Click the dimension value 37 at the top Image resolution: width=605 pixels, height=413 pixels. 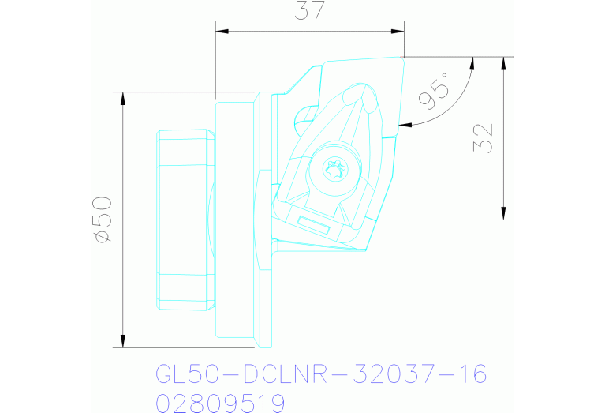(309, 12)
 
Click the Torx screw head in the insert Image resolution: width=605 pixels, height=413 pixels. (334, 168)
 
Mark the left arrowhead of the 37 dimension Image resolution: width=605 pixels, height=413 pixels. (222, 32)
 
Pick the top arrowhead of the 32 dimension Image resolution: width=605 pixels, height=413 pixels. (502, 62)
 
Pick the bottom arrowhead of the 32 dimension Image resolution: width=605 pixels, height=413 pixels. (502, 213)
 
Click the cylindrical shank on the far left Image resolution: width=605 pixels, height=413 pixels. (185, 220)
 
